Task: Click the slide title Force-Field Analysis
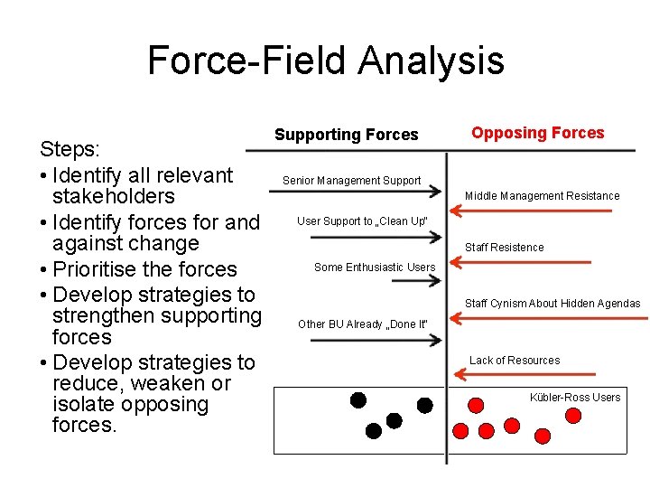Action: coord(325,61)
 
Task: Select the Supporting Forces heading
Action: coord(346,135)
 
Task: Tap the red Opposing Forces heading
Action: coord(537,133)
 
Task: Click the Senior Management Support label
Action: coord(351,181)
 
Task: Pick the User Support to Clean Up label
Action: coord(362,221)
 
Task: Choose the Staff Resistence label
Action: coord(504,248)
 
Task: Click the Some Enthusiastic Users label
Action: coord(374,267)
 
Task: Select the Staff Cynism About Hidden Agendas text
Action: coord(552,304)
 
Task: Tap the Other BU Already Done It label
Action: coord(361,324)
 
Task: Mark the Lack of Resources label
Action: coord(514,361)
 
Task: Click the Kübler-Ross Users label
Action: coord(575,398)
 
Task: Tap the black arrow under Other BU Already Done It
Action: coord(375,341)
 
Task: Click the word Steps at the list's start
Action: coord(69,148)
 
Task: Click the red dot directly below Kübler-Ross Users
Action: coord(572,415)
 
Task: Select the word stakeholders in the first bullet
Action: coord(114,196)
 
